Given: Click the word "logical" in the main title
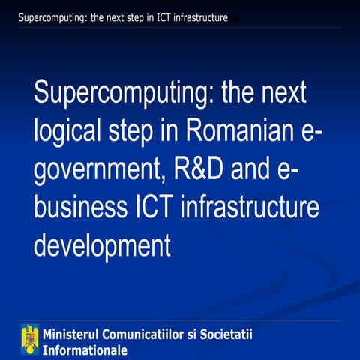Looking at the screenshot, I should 66,133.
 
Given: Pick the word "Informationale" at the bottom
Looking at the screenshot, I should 85,349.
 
